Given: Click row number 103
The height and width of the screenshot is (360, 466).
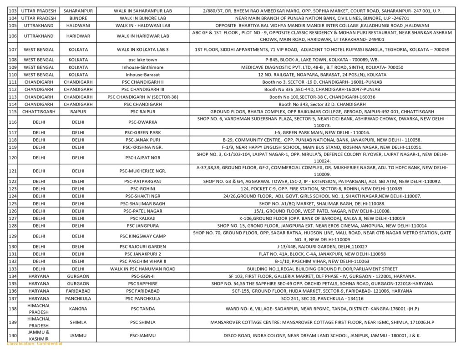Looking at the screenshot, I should click(12, 10).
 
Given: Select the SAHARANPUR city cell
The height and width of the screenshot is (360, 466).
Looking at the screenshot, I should click(78, 10).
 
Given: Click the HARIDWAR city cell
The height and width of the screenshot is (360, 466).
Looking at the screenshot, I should click(78, 36).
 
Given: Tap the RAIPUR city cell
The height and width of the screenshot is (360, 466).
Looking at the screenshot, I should click(78, 112).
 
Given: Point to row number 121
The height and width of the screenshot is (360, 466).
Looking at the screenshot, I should click(12, 171).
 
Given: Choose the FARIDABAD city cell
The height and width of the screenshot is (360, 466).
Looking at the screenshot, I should click(78, 291).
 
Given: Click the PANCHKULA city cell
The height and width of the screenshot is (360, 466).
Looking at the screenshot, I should click(78, 299).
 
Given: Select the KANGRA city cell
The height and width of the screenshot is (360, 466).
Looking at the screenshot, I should click(78, 309).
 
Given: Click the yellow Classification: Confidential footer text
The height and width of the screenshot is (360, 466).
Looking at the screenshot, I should click(35, 344).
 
